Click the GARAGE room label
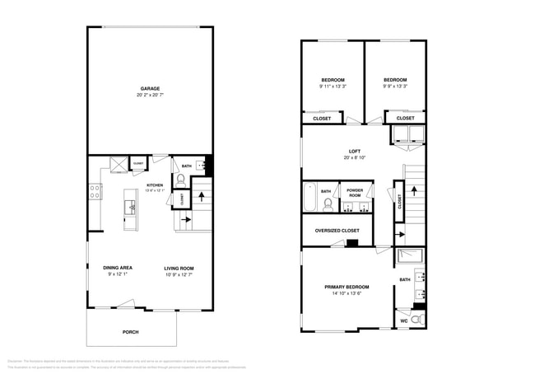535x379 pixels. (149, 88)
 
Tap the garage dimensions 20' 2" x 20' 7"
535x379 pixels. (149, 96)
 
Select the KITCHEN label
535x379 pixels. (155, 185)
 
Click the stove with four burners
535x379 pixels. (95, 192)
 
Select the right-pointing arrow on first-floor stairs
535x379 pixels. (185, 220)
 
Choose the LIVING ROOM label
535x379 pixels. (178, 268)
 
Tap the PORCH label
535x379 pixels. (131, 332)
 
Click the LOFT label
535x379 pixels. (354, 151)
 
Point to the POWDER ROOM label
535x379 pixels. (354, 192)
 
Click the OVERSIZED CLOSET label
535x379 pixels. (337, 231)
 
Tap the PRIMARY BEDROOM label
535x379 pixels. (346, 286)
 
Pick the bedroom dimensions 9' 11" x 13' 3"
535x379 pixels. (333, 87)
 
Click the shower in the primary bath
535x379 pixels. (409, 255)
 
